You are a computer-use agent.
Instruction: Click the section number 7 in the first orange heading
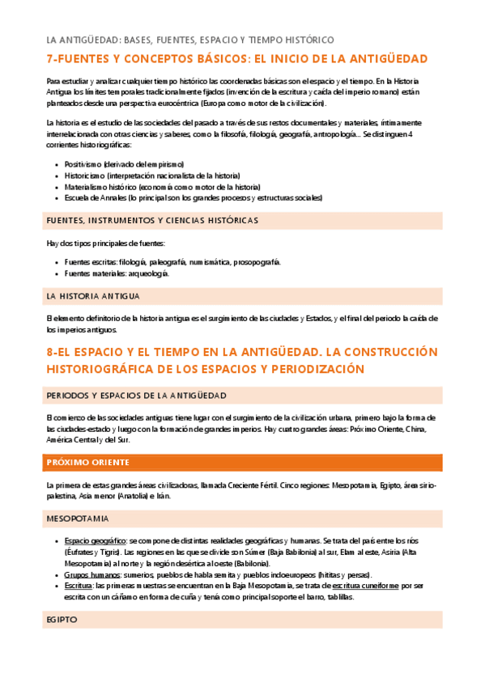[49, 60]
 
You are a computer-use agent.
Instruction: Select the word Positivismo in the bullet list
[87, 163]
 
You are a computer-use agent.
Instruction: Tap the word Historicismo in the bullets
[87, 175]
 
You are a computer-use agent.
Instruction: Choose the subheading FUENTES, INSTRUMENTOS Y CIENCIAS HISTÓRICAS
[152, 220]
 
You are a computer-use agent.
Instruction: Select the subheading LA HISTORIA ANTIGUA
[93, 296]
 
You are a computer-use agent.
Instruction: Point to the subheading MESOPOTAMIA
[79, 518]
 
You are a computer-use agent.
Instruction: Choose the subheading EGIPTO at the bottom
[62, 620]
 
